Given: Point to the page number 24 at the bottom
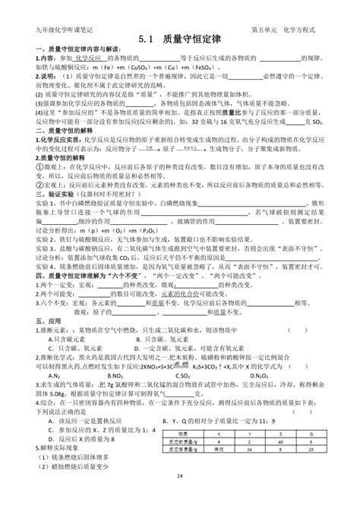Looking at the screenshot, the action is coord(180,497).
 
